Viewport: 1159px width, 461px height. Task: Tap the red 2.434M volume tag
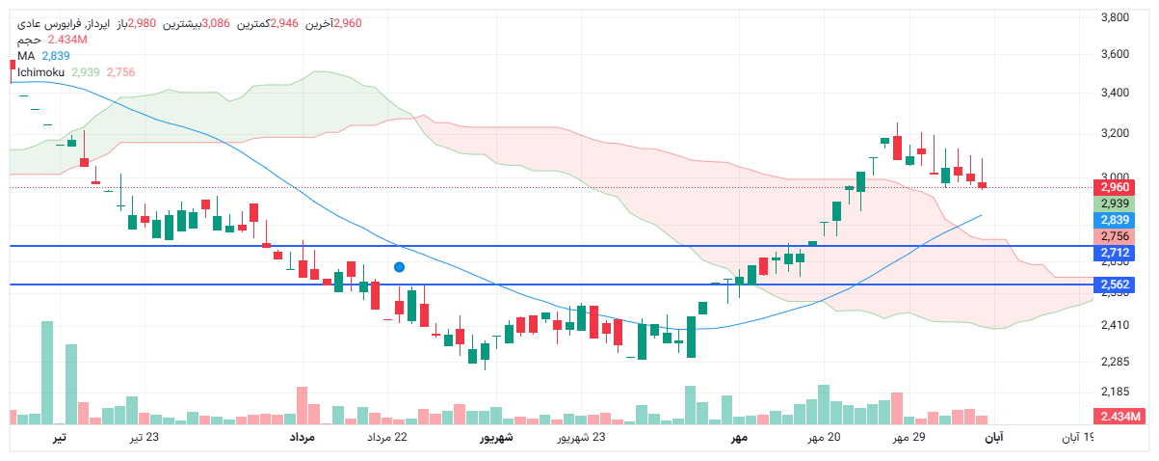(1118, 416)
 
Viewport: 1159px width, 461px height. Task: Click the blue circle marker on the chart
(399, 266)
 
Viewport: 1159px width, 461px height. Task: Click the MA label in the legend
(26, 56)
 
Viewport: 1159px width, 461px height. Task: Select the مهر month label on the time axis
(739, 438)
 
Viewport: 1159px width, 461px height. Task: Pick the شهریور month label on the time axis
(497, 438)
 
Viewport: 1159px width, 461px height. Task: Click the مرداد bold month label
(303, 438)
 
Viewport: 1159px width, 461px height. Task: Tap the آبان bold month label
(993, 438)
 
